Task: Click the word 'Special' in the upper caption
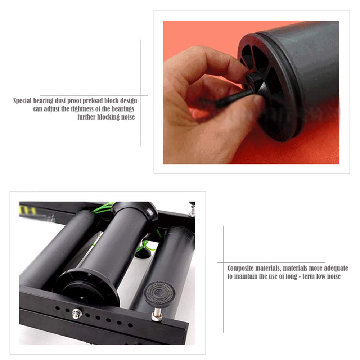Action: click(22, 101)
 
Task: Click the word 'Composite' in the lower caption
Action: click(240, 269)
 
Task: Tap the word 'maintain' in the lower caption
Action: click(246, 276)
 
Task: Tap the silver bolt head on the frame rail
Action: click(76, 314)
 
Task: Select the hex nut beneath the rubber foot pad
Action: click(157, 317)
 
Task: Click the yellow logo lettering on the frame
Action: click(28, 210)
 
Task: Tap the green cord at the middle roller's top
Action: click(104, 208)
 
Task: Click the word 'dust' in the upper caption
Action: click(60, 101)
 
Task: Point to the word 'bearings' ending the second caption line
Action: click(123, 109)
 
